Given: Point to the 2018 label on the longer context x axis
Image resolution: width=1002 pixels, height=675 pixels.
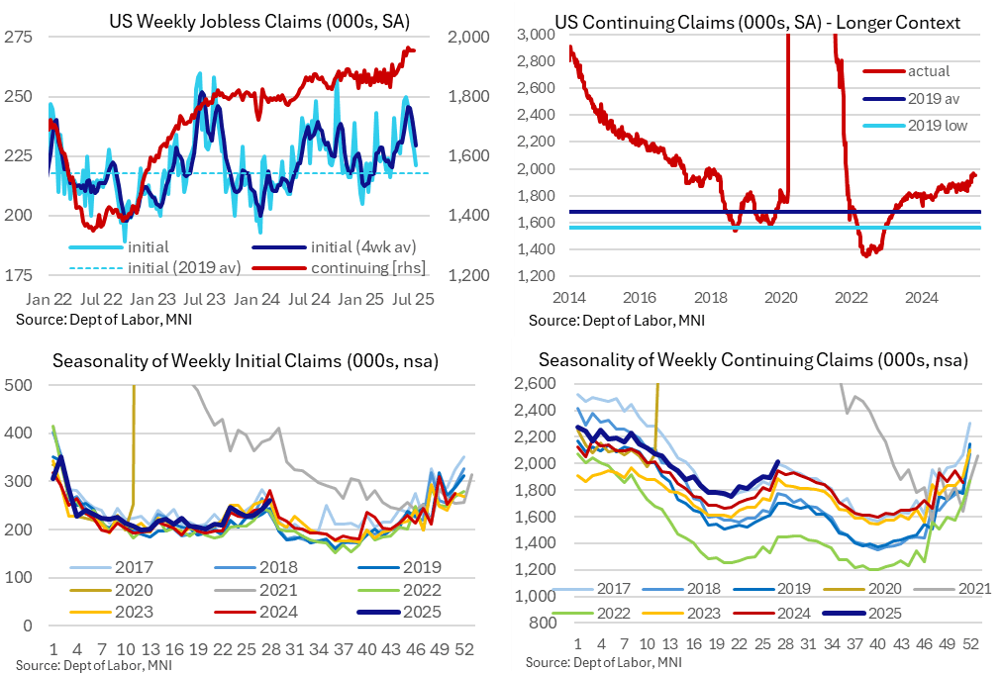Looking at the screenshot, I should point(712,296).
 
